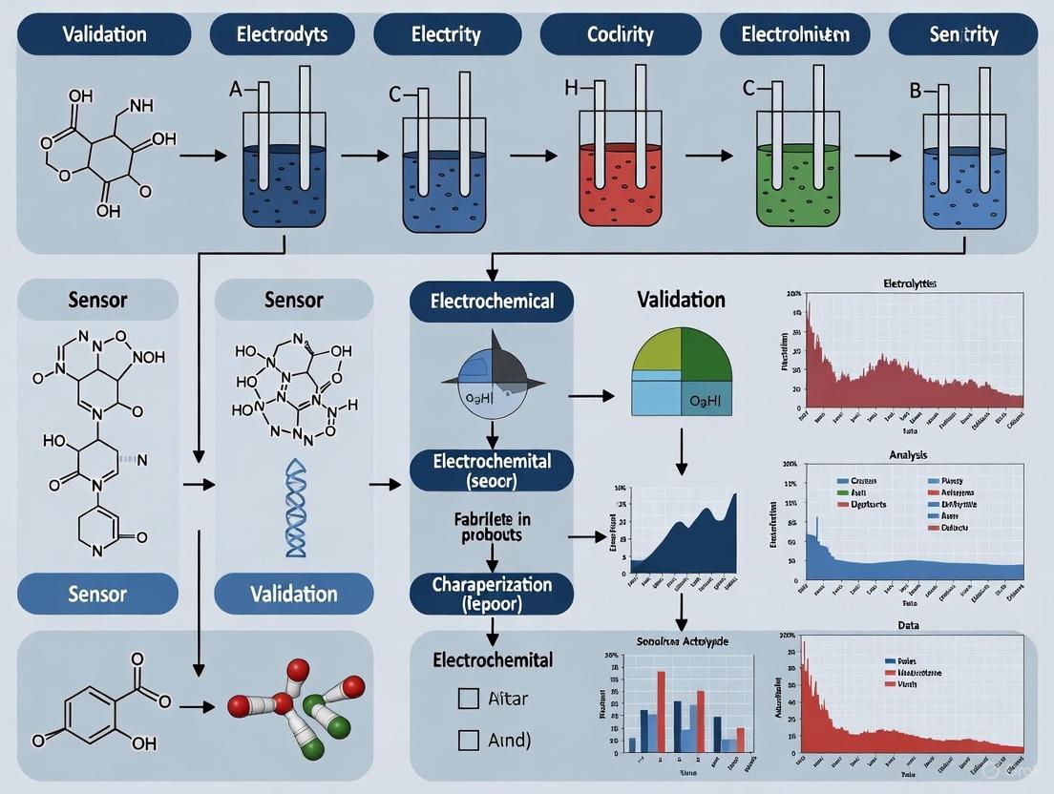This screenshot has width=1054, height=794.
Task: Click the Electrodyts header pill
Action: (282, 35)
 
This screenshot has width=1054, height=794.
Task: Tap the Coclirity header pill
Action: (620, 35)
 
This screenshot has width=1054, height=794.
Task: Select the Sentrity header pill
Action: (963, 35)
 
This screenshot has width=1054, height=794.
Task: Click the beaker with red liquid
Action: (622, 181)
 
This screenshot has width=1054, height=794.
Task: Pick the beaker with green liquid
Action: (798, 181)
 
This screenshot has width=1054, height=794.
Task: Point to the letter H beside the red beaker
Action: (572, 88)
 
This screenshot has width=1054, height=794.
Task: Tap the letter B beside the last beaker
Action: (914, 93)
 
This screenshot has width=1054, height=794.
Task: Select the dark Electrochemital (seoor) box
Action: (492, 470)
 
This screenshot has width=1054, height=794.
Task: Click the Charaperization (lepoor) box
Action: (492, 592)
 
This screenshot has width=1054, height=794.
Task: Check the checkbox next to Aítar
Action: (469, 699)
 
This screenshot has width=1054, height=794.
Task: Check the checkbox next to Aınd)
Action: (469, 739)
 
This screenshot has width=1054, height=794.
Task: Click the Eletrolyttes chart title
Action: (908, 283)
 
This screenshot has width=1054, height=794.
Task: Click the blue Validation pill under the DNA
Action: (294, 594)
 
